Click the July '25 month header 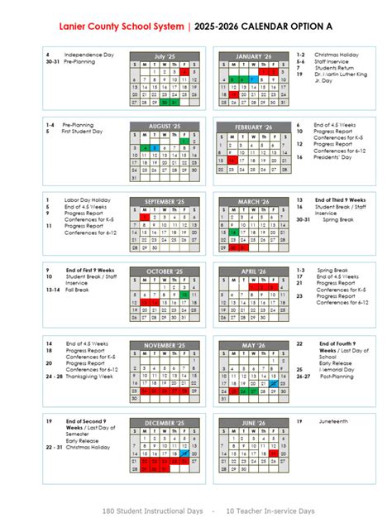pyautogui.click(x=165, y=55)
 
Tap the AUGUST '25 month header pyautogui.click(x=165, y=126)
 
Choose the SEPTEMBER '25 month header pyautogui.click(x=165, y=201)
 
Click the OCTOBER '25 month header pyautogui.click(x=165, y=271)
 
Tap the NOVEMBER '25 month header pyautogui.click(x=165, y=344)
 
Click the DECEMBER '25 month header pyautogui.click(x=165, y=423)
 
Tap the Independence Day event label pyautogui.click(x=89, y=55)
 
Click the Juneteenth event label pyautogui.click(x=330, y=421)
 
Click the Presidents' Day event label pyautogui.click(x=332, y=156)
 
